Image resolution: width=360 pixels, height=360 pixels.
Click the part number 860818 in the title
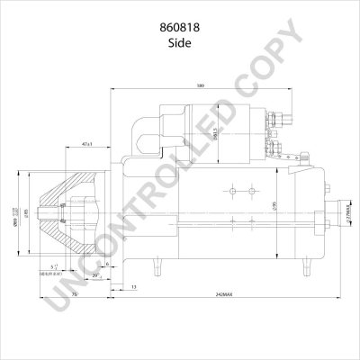(179, 28)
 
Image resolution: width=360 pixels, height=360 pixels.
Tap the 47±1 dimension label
(87, 143)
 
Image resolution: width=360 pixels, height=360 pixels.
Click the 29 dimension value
(95, 276)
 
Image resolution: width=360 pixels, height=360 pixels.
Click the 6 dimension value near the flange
(107, 264)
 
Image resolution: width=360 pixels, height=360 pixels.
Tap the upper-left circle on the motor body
(231, 190)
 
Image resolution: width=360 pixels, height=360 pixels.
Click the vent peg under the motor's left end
(158, 265)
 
